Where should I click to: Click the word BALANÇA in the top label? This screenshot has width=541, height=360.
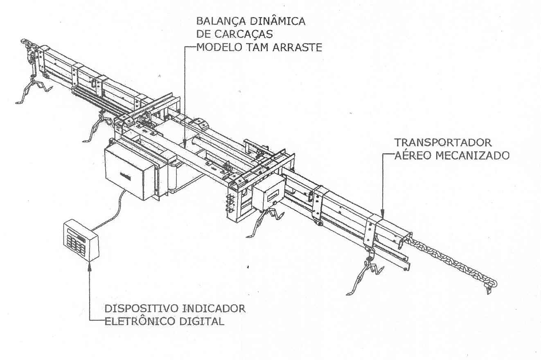pos(221,21)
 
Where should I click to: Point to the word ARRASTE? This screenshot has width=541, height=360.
pos(298,47)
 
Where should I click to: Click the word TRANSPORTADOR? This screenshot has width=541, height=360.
pos(443,143)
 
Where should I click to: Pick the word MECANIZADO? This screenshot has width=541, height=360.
pos(473,156)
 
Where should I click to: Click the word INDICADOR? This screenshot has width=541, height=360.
pos(214,308)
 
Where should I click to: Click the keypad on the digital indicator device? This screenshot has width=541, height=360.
pos(76,244)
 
